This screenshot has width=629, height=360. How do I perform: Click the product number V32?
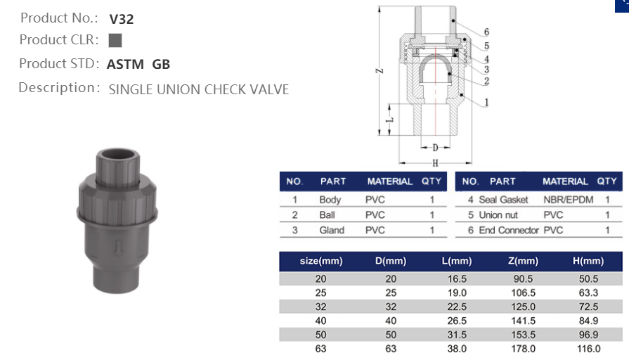[x=122, y=19]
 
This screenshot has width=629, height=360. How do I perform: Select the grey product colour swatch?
[x=116, y=40]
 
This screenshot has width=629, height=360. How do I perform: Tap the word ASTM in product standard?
[x=125, y=65]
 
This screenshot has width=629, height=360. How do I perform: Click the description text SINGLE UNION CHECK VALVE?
[x=198, y=89]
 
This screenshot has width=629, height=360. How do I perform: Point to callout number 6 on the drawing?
[x=486, y=32]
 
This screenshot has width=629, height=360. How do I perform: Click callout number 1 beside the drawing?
[x=486, y=102]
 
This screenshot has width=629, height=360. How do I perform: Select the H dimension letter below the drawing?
[x=436, y=162]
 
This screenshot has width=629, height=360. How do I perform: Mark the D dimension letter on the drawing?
[x=436, y=148]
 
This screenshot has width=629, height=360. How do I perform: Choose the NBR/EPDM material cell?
[x=568, y=200]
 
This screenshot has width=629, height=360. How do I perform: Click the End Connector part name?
[x=509, y=231]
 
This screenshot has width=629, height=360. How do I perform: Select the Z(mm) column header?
[x=521, y=262]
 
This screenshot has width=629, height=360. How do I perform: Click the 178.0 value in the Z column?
[x=521, y=349]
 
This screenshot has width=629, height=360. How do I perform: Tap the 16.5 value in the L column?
[x=456, y=279]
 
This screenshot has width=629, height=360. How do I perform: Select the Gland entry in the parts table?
[x=332, y=231]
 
